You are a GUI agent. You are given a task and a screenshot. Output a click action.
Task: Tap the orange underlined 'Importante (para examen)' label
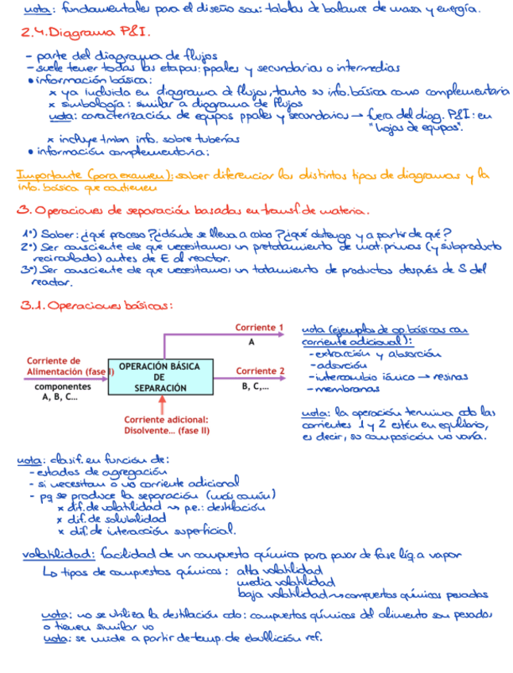87,175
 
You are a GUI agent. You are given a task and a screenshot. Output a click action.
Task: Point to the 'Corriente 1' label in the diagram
259,328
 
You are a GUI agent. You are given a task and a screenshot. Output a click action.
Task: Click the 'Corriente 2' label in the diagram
260,371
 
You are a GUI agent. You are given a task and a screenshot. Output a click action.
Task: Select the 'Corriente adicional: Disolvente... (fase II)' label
166,425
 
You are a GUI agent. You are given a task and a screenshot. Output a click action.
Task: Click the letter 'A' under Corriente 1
252,342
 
